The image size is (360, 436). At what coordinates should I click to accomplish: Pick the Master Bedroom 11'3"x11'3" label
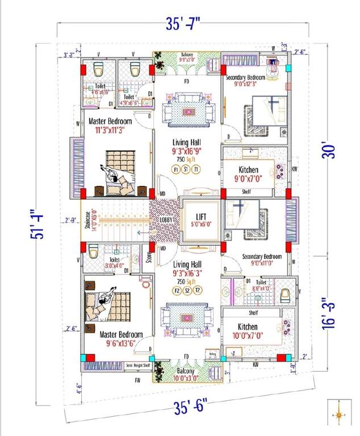coord(110,125)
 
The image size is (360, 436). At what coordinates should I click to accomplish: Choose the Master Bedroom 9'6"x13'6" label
coord(121,339)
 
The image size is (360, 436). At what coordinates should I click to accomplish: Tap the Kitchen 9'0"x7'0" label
coord(248,174)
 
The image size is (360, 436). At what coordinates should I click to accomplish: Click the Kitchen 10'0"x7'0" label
coord(248,331)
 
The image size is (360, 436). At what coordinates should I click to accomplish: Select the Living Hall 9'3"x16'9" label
coord(187,147)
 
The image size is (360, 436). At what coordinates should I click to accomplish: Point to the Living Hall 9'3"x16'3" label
coord(187,269)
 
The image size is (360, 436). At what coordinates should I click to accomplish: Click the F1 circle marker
coord(176,169)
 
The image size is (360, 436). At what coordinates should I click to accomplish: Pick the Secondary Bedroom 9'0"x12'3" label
coord(245,81)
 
